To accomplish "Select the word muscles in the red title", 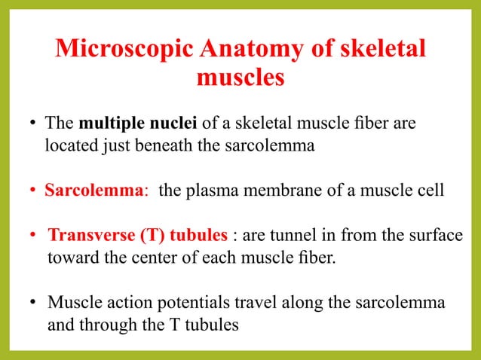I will tap(240, 78).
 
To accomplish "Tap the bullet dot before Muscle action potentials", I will tap(34, 304).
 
